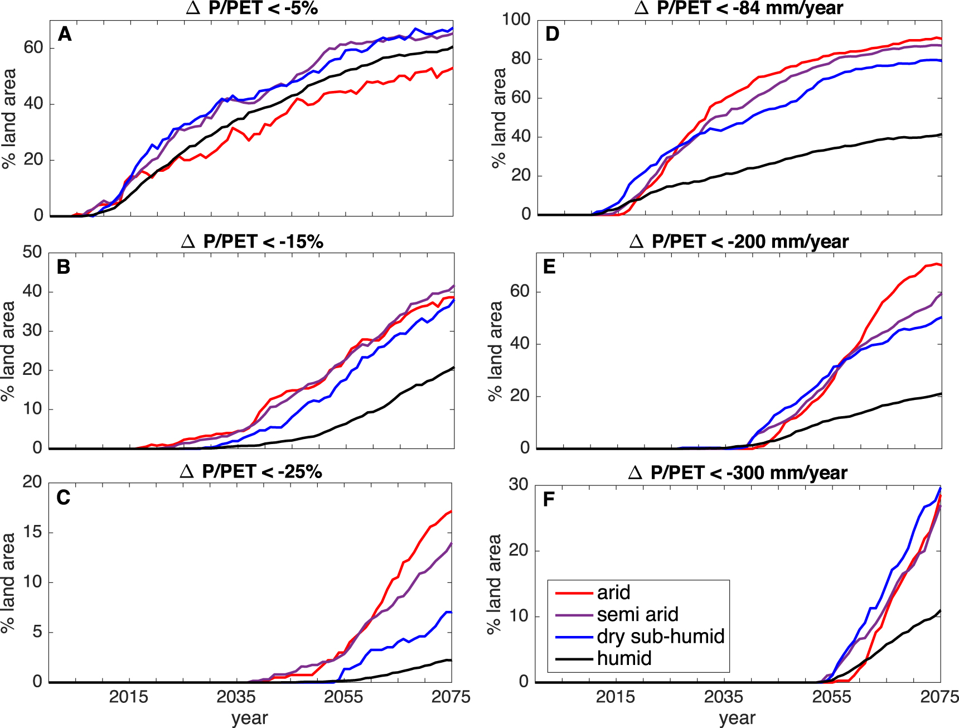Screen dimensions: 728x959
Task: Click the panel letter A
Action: tap(65, 35)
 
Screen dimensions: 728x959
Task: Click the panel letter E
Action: tap(549, 267)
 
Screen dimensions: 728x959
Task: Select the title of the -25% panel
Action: tap(251, 472)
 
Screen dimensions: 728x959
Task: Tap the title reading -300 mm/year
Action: tap(738, 473)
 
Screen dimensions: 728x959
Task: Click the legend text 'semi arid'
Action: tap(637, 615)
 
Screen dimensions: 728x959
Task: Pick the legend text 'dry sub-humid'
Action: tap(660, 637)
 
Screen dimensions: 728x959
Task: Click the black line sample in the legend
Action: tap(574, 659)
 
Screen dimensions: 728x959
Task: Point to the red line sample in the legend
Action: tap(574, 593)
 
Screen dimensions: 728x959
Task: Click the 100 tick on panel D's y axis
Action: tap(516, 20)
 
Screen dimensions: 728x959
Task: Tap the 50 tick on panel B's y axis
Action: tap(32, 252)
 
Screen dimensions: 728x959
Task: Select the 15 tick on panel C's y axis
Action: tap(32, 532)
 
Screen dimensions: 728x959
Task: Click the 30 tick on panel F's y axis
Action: tap(518, 484)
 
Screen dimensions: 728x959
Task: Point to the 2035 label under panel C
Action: tap(236, 697)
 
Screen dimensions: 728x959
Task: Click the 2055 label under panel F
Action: tap(831, 697)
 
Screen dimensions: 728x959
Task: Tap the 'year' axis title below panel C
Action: tap(250, 718)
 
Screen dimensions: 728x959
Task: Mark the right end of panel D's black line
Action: tap(941, 134)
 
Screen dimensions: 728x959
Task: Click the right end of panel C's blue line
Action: tap(451, 613)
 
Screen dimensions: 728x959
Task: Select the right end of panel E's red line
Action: tap(941, 266)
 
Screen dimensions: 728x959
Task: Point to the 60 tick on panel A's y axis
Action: tap(33, 48)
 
